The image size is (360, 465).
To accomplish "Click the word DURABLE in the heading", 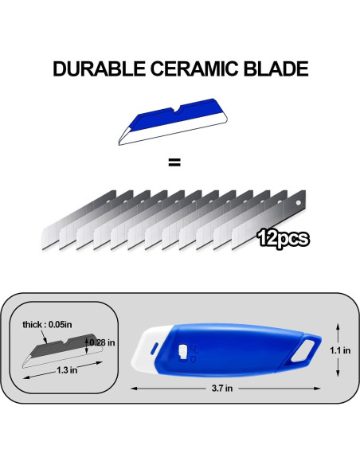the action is (99, 68).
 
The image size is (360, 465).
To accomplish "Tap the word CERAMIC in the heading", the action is (194, 68).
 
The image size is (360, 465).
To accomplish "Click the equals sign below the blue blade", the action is (174, 162).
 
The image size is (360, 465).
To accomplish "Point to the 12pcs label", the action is (284, 238).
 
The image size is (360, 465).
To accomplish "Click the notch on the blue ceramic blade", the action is (178, 110).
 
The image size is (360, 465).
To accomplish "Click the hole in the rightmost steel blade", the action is (299, 203).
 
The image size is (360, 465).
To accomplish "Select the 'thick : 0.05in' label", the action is (47, 324).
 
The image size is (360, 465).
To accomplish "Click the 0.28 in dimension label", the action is (102, 342).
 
